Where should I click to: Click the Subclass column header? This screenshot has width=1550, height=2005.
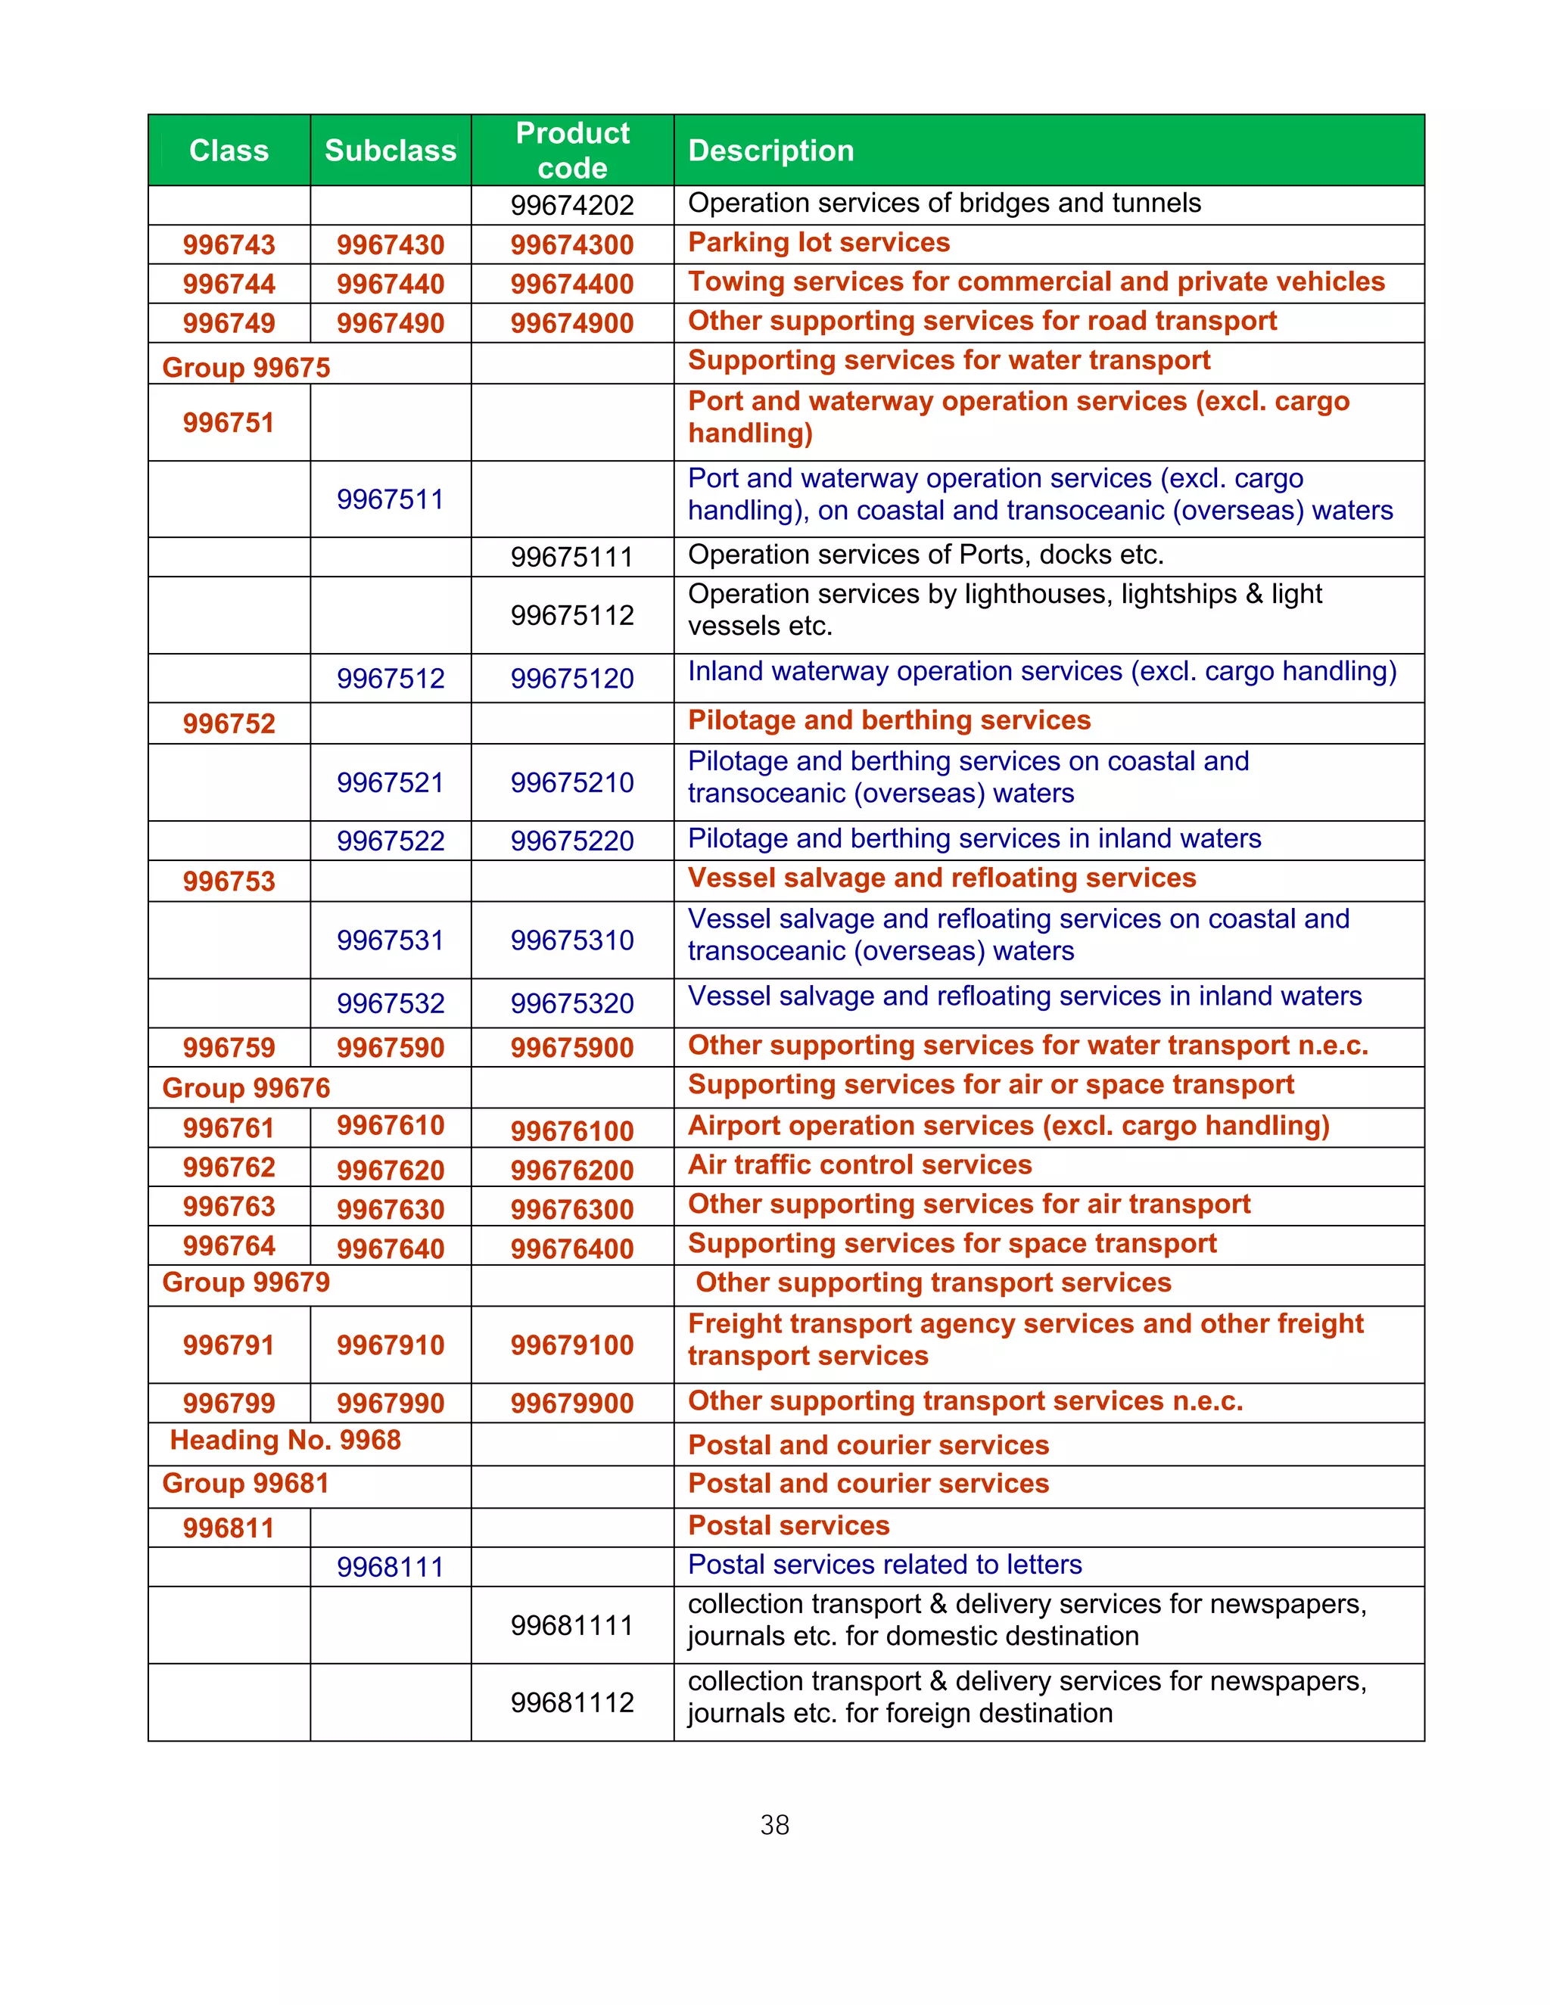[x=391, y=151]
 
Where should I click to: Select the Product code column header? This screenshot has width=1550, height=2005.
[x=572, y=151]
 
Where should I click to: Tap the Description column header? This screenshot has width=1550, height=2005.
[x=770, y=151]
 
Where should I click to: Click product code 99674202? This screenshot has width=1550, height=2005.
[x=572, y=205]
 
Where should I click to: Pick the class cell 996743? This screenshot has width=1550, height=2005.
[x=229, y=245]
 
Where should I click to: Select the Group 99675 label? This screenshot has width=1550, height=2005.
[x=246, y=367]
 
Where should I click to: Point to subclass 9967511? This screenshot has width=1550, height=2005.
[x=391, y=499]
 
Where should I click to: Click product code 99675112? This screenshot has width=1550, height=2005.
[x=572, y=615]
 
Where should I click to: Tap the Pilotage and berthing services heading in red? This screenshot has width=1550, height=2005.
[x=889, y=720]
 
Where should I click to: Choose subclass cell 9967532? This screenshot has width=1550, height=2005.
[x=391, y=1003]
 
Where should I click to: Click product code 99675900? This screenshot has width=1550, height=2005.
[x=572, y=1047]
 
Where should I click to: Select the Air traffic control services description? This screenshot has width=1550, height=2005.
[x=860, y=1165]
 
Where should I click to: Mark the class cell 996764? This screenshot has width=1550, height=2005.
[x=229, y=1246]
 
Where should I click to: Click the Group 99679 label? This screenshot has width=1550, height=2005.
[x=246, y=1282]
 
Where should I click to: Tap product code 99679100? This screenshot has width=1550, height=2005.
[x=572, y=1345]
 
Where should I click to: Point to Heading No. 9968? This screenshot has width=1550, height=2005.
[x=285, y=1441]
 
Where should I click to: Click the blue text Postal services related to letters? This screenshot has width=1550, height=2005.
[x=884, y=1565]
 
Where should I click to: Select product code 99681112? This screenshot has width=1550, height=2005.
[x=572, y=1703]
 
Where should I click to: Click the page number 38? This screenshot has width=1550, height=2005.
[x=774, y=1825]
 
